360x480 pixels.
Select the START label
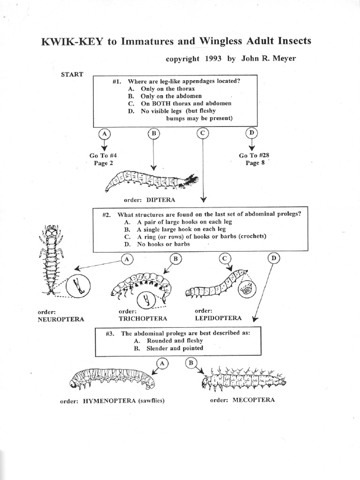pyautogui.click(x=72, y=74)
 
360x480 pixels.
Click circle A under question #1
pyautogui.click(x=105, y=134)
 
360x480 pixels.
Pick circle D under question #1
pyautogui.click(x=252, y=134)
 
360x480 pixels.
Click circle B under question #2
pyautogui.click(x=175, y=258)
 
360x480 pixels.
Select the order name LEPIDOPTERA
pyautogui.click(x=218, y=318)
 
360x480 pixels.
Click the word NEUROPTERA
pyautogui.click(x=61, y=319)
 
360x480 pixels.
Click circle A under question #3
pyautogui.click(x=162, y=363)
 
